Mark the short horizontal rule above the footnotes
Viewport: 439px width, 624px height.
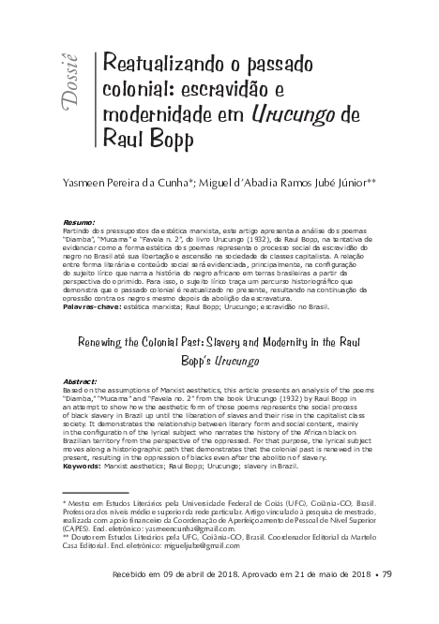tap(94, 491)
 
